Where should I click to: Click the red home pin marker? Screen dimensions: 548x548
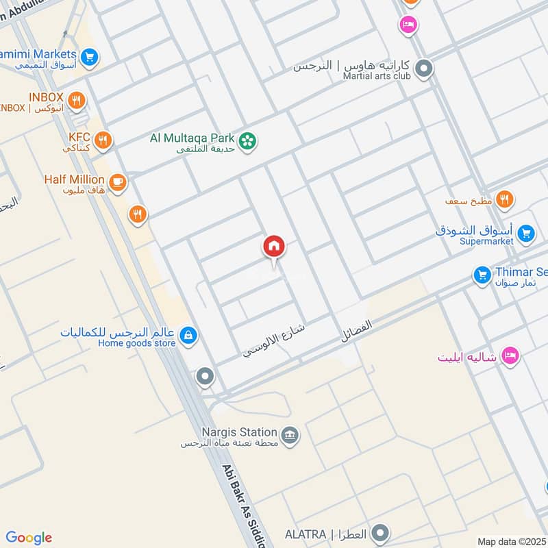[x=274, y=247]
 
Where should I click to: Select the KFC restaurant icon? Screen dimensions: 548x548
[x=103, y=140]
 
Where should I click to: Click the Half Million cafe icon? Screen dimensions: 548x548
[x=118, y=182]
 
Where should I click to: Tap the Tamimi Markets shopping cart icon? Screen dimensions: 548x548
[x=89, y=58]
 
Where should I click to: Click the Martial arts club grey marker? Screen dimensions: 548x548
[x=425, y=68]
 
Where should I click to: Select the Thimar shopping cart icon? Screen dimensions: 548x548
[x=483, y=275]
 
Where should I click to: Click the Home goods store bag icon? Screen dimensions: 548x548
[x=188, y=336]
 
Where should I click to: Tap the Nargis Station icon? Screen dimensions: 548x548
[x=290, y=435]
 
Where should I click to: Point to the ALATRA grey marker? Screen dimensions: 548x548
[x=381, y=533]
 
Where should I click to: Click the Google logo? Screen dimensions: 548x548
[x=29, y=538]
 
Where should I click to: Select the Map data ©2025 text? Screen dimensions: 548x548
[x=512, y=541]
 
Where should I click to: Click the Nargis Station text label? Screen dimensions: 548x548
[x=229, y=432]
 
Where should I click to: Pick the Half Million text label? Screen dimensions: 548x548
[x=74, y=179]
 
